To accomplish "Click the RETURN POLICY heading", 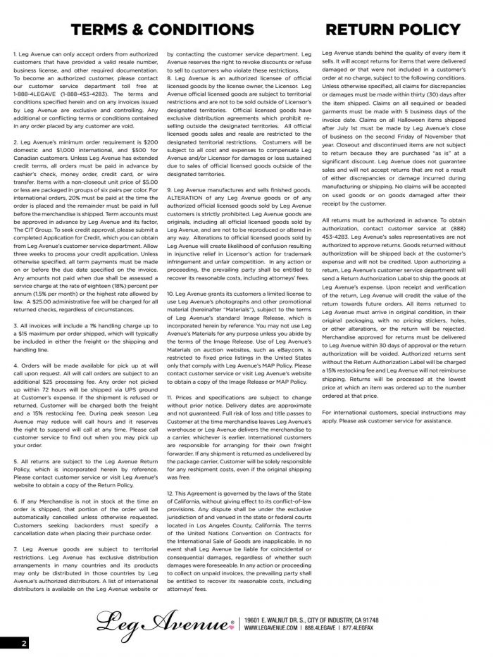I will click(393, 29).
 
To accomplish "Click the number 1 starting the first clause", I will click(15, 54).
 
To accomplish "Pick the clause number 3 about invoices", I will click(15, 326).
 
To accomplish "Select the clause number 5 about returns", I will click(15, 462).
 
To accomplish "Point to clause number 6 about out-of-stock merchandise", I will click(15, 501).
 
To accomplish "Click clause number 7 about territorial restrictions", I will click(15, 547).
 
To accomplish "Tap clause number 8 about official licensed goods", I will click(168, 77).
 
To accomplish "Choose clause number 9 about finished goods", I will click(168, 190).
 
